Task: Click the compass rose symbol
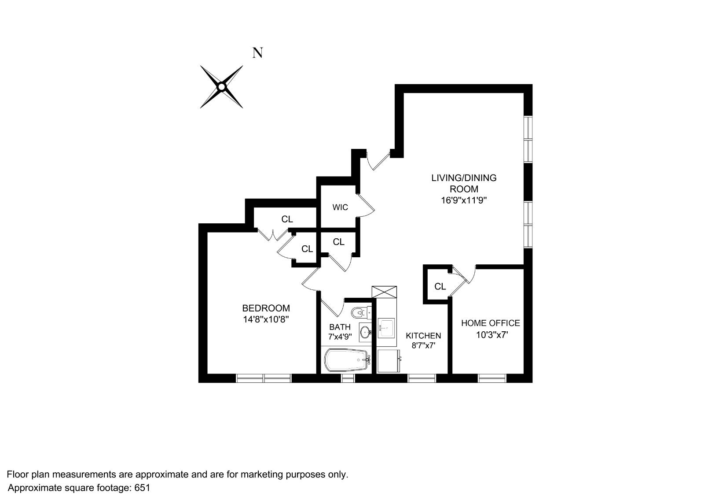[222, 87]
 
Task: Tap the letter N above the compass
[257, 53]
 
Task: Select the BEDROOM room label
[266, 308]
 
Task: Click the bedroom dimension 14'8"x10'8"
[266, 319]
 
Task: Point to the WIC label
[340, 207]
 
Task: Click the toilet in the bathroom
[359, 313]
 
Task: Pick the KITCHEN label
[423, 336]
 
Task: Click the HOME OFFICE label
[490, 323]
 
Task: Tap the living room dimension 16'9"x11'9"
[464, 200]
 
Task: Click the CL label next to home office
[440, 286]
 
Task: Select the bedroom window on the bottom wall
[264, 378]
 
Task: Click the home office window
[492, 378]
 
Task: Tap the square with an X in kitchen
[384, 293]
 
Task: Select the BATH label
[340, 327]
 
